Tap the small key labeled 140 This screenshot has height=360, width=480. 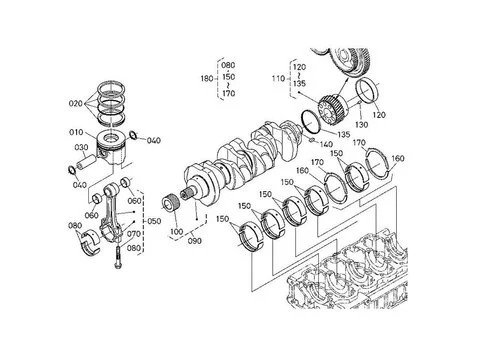coord(311,140)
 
